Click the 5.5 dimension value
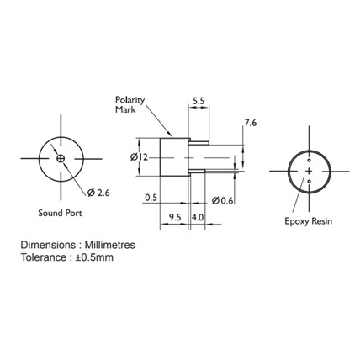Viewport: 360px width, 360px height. [x=199, y=101]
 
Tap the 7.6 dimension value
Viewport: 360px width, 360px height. [x=251, y=123]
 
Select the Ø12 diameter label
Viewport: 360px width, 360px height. [x=139, y=157]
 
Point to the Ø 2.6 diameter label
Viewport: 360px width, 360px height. [x=98, y=193]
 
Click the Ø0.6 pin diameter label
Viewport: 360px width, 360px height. [x=222, y=200]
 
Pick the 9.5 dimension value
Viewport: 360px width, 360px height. [x=176, y=217]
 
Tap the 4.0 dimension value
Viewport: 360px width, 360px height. [x=198, y=217]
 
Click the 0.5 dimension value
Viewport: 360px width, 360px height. [x=151, y=198]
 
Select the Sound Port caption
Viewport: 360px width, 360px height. [x=60, y=213]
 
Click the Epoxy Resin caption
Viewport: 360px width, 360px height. [x=308, y=221]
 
